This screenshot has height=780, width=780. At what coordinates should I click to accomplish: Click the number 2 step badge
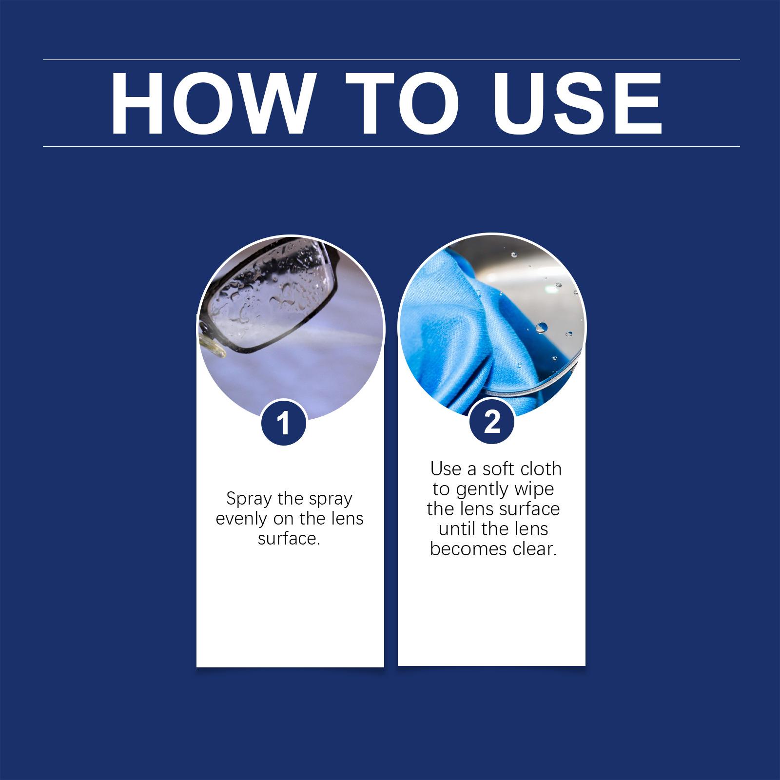(492, 422)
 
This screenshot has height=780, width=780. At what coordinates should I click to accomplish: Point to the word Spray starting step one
(249, 499)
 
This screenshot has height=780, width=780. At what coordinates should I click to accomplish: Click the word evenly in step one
(242, 519)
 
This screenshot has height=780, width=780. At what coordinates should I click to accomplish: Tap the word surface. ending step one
(289, 539)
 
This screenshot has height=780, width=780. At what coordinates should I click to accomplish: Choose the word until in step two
(457, 529)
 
